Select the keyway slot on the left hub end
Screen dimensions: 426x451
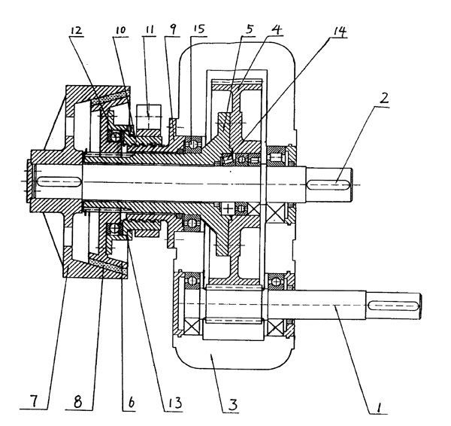[54, 182]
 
